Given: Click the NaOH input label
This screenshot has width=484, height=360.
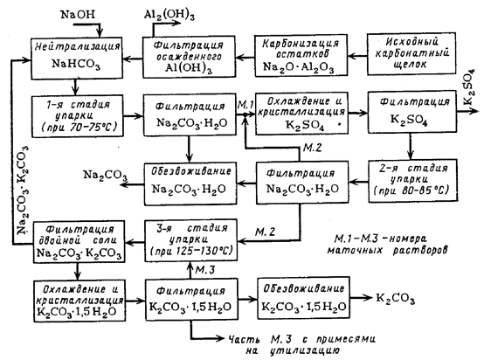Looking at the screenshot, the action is [78, 14].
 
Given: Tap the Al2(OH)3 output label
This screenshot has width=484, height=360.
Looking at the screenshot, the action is [169, 15].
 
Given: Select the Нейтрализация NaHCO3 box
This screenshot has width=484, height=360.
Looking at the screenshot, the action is [77, 58].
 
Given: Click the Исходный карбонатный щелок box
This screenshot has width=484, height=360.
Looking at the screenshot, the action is [411, 53].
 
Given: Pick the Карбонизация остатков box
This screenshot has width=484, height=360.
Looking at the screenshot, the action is [301, 56].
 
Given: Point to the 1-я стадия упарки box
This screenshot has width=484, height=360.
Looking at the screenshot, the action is [78, 116].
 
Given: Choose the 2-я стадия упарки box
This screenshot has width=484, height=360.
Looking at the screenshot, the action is [412, 181].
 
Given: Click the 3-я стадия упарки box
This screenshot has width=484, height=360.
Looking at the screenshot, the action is [191, 240].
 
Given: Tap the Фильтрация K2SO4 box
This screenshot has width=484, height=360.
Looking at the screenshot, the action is [412, 112].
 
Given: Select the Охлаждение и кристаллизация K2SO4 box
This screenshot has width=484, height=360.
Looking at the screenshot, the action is [301, 114].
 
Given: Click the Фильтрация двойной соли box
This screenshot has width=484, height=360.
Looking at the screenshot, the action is [79, 242].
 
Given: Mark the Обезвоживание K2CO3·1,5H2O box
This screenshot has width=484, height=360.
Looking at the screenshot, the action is [304, 298].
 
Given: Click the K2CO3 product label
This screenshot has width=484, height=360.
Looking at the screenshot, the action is [396, 299].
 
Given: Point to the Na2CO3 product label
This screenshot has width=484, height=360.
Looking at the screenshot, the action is [105, 176].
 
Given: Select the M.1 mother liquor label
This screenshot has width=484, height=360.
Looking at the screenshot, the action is [245, 105].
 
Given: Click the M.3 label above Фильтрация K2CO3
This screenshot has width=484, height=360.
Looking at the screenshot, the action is [205, 270].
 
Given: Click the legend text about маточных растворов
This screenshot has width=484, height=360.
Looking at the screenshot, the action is [387, 245].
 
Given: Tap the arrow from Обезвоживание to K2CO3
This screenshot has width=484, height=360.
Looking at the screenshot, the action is [362, 298].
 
